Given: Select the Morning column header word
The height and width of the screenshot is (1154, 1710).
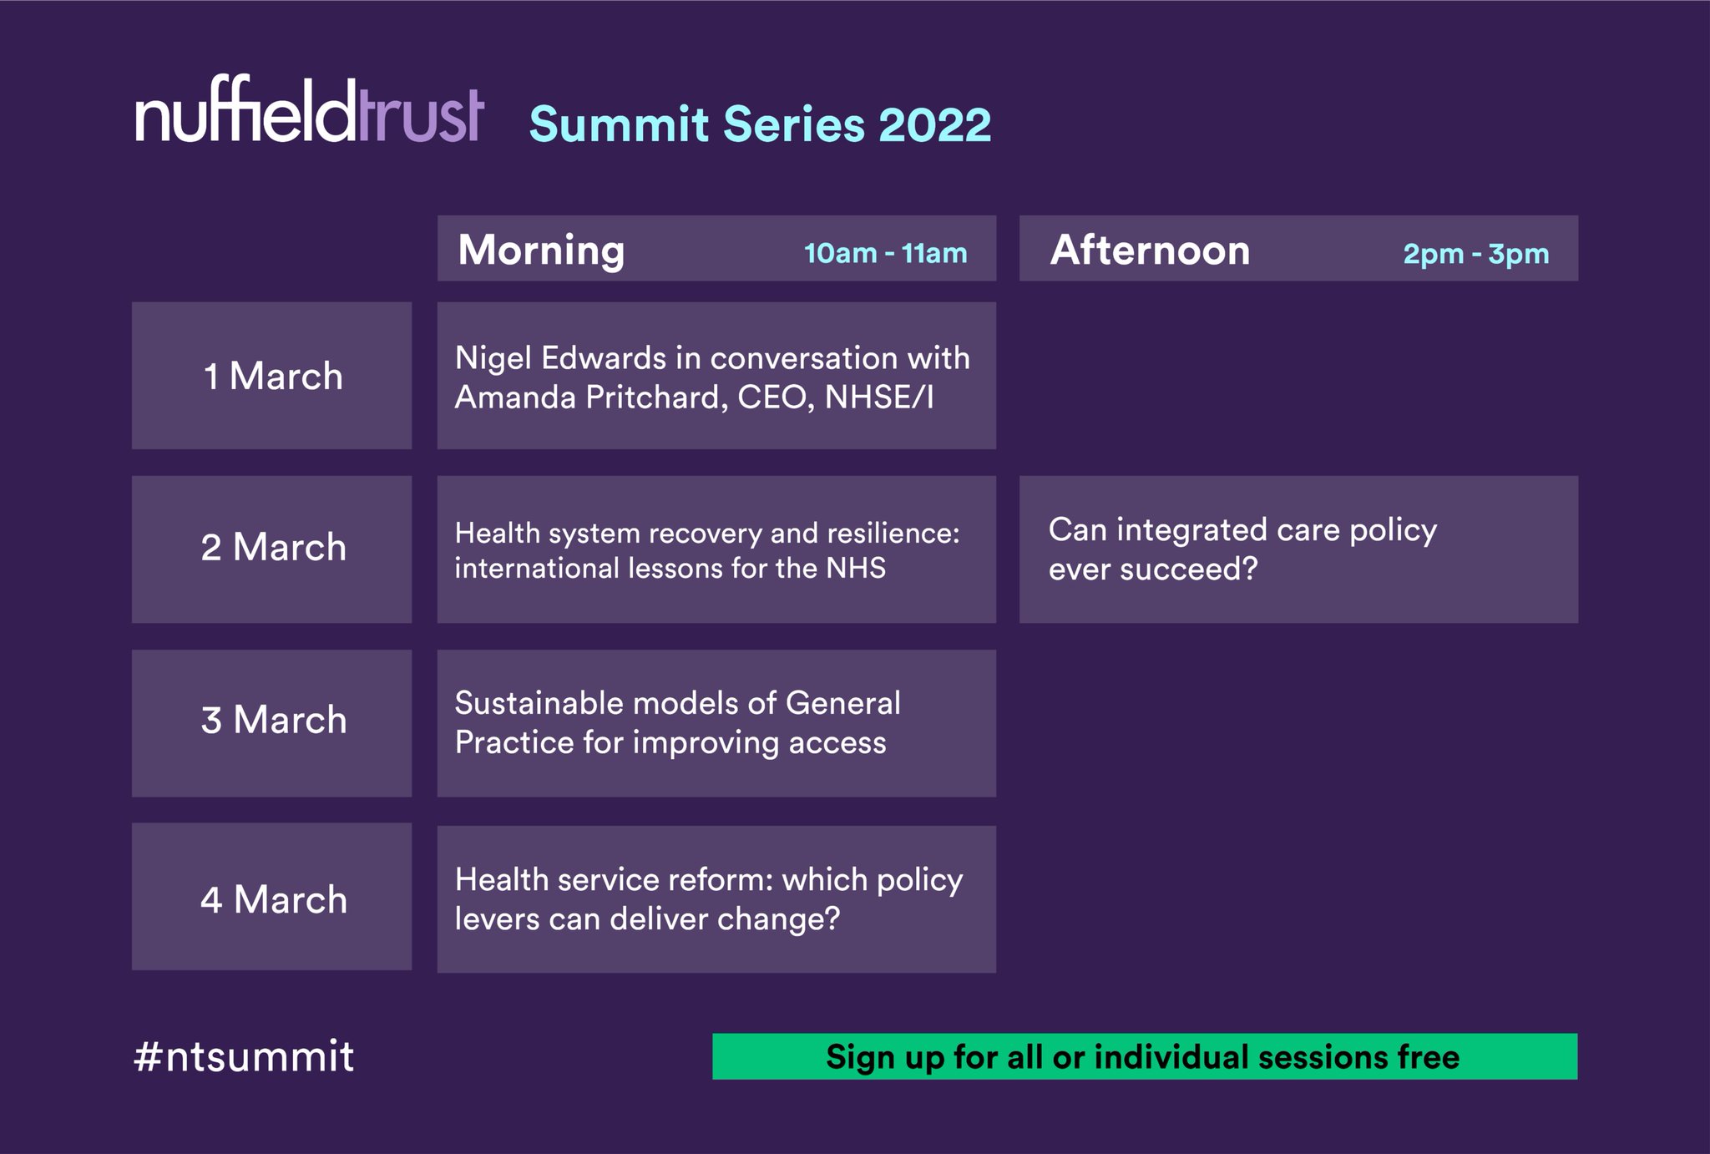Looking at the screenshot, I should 541,250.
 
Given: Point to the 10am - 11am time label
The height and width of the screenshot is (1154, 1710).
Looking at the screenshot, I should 885,253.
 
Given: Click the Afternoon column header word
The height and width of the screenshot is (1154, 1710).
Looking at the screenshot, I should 1150,250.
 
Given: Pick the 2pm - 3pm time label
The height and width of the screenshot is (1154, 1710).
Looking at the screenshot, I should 1475,254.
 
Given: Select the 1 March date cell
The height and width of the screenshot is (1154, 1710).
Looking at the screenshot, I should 272,376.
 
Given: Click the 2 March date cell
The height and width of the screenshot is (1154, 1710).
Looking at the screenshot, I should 272,549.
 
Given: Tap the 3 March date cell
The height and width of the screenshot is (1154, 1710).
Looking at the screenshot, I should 272,721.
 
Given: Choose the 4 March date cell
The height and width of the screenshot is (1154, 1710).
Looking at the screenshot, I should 272,898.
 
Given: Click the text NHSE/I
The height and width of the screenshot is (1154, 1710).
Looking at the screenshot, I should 878,397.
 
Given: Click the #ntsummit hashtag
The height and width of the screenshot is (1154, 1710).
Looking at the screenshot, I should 244,1056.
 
